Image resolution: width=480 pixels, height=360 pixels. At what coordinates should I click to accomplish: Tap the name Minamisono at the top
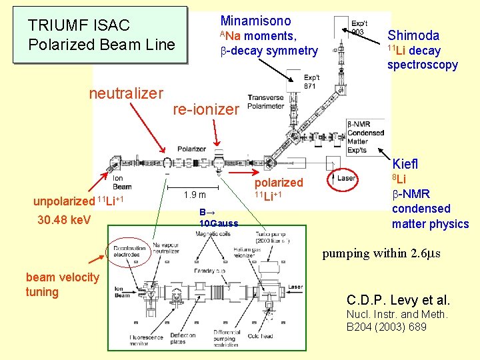[255, 21]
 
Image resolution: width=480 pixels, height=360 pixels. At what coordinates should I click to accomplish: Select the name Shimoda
[413, 35]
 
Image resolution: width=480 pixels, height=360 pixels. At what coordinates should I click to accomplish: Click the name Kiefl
[406, 163]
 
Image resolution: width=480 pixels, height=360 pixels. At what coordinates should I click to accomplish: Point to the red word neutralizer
[125, 93]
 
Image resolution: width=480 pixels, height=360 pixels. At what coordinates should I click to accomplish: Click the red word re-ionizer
[205, 109]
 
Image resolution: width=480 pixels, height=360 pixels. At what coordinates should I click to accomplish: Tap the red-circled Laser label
[346, 179]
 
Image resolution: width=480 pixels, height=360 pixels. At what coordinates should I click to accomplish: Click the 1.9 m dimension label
[195, 195]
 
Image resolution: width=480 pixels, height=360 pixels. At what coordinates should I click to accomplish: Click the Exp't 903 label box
[358, 27]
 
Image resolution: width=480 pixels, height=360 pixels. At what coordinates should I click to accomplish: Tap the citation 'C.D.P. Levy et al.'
[399, 300]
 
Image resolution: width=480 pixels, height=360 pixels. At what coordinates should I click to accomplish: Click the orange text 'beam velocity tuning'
[62, 284]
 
